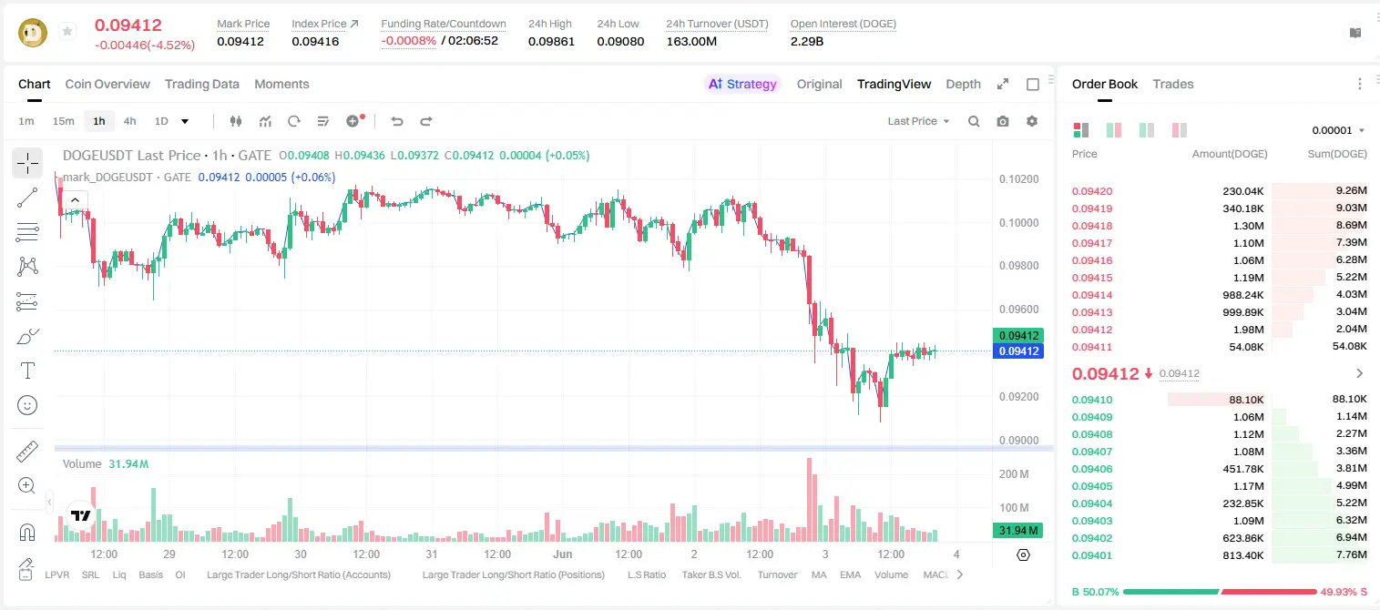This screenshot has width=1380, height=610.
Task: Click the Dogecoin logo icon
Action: (33, 33)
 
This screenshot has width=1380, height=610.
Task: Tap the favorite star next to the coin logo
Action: (67, 31)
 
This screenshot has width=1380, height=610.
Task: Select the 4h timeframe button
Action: (129, 121)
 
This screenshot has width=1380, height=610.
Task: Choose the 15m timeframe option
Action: (64, 121)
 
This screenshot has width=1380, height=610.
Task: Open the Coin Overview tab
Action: (107, 84)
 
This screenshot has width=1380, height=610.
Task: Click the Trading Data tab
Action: (202, 84)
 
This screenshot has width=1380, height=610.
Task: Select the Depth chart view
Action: (963, 84)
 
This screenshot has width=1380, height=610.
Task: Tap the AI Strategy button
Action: (742, 84)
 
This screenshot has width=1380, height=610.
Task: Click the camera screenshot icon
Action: (1003, 121)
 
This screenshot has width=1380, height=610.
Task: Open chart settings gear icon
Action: (1032, 121)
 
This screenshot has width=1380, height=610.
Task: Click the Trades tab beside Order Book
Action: (1173, 84)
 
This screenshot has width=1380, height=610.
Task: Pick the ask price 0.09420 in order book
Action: (1091, 191)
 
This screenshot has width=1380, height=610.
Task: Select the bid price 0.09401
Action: (1091, 555)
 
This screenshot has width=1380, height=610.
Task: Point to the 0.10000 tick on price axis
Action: (1019, 223)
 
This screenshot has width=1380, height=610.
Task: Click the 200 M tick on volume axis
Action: (1014, 474)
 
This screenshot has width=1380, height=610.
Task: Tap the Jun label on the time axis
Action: (562, 554)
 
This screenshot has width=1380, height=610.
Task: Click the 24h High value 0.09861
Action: (551, 41)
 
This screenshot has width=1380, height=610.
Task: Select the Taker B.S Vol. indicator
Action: (710, 574)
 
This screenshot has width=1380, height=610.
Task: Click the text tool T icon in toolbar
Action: (27, 371)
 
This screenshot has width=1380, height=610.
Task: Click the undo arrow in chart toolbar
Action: (397, 121)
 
